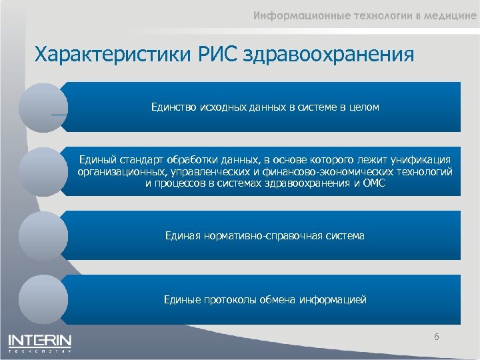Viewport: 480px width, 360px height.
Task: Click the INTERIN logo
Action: tap(40, 342)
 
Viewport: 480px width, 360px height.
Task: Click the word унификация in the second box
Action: tap(422, 159)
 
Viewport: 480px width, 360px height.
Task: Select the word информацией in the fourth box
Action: tap(335, 300)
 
